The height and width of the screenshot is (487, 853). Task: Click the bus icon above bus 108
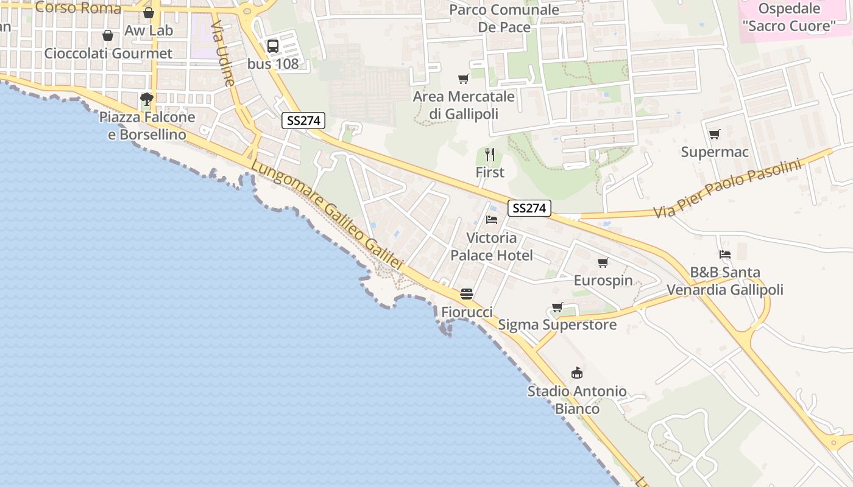[273, 46]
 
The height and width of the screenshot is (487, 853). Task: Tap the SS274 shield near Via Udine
[303, 121]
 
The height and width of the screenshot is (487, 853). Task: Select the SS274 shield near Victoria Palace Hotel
[529, 208]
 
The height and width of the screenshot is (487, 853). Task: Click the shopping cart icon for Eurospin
[603, 262]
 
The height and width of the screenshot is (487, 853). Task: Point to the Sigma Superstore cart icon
[557, 307]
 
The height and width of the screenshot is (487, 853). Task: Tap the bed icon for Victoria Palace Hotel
[492, 219]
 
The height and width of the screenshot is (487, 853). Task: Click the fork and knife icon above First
[490, 154]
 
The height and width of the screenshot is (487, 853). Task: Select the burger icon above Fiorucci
[467, 294]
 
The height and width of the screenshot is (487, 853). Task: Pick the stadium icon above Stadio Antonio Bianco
[576, 373]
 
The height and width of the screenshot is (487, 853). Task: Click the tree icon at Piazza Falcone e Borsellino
[146, 99]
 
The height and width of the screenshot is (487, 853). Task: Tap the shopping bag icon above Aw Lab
[149, 13]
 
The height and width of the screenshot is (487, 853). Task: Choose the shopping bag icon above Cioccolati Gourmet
[108, 35]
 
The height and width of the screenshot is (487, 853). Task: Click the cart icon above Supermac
[714, 134]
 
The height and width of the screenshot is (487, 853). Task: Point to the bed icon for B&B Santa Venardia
[724, 254]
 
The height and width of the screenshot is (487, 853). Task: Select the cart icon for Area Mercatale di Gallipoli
[463, 79]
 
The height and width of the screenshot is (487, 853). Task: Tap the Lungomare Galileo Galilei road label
[327, 215]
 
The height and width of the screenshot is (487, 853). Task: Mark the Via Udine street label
[223, 54]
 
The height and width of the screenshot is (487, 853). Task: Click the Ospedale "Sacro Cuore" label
[789, 17]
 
